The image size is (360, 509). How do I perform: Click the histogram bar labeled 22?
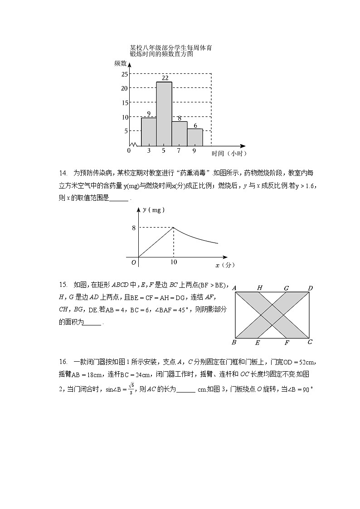(164, 113)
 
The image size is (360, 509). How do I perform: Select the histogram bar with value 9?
(149, 131)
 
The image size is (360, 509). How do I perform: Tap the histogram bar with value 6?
(195, 137)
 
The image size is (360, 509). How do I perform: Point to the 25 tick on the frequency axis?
(124, 74)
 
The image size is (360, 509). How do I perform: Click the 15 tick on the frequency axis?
(124, 102)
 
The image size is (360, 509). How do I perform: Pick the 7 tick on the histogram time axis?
(179, 151)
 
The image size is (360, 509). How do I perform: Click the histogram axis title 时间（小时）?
(229, 154)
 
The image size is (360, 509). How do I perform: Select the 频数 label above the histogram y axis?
(120, 63)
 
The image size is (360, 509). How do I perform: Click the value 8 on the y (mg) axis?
(134, 228)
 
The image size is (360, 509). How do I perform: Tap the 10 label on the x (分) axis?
(174, 262)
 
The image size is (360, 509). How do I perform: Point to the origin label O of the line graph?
(134, 262)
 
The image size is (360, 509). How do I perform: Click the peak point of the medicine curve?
(174, 227)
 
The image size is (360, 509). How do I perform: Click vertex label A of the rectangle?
(234, 288)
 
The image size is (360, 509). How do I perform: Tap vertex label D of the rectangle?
(310, 288)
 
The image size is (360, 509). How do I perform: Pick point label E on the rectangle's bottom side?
(258, 343)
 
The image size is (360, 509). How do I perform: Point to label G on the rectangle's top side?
(286, 288)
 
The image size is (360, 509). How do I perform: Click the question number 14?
(63, 173)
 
